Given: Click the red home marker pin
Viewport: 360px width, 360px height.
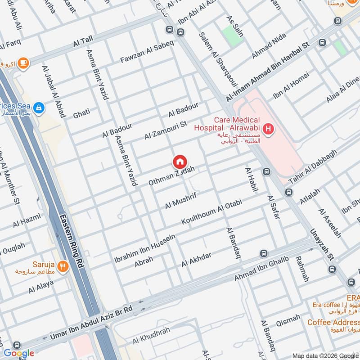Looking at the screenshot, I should click(x=180, y=162).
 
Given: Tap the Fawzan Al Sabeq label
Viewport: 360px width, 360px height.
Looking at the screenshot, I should click(x=147, y=54).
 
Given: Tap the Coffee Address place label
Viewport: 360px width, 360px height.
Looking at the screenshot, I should click(x=333, y=322).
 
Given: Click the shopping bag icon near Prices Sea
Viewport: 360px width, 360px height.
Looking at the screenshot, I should click(x=39, y=107).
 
